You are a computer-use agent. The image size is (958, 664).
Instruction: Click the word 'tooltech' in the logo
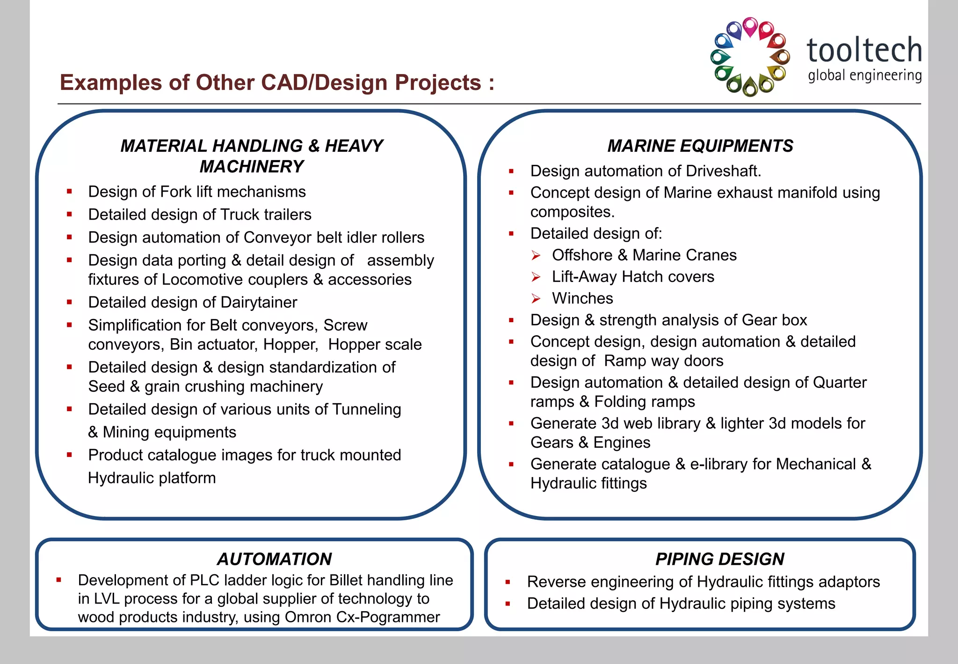[x=864, y=50]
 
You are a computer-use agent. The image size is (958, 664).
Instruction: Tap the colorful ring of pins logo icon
[x=750, y=57]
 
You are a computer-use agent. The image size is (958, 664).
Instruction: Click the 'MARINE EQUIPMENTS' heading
[x=700, y=146]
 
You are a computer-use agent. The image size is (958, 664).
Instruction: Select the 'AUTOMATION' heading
[x=275, y=559]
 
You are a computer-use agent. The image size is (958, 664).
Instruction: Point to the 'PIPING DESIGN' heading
[x=719, y=559]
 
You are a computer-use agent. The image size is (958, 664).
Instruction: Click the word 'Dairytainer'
[x=259, y=302]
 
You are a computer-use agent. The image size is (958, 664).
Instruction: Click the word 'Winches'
[x=582, y=299]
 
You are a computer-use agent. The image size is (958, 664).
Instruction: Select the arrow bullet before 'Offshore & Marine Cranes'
[x=536, y=256]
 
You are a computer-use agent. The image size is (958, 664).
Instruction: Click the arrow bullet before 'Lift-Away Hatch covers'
[x=536, y=277]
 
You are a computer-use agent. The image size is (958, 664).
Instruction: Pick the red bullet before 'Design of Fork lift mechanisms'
[x=69, y=192]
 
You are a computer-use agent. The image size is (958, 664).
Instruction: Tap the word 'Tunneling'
[x=367, y=410]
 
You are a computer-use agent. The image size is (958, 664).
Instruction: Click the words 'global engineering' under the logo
[x=864, y=75]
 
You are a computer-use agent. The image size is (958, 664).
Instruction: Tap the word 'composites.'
[x=572, y=212]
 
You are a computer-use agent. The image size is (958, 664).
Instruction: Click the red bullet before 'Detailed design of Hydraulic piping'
[x=508, y=604]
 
